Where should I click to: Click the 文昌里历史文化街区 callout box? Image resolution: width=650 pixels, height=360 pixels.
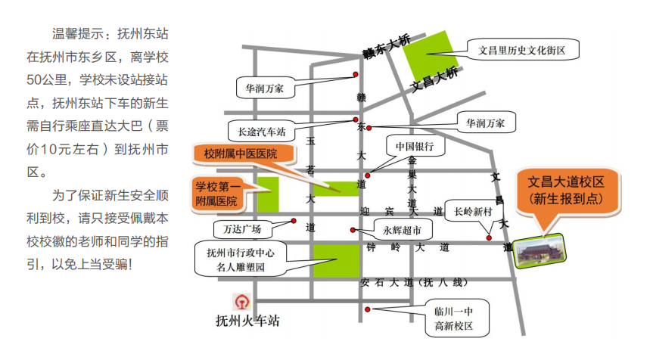click(523, 50)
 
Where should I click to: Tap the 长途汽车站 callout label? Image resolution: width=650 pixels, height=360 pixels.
click(262, 132)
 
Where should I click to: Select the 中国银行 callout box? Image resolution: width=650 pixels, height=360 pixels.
click(415, 146)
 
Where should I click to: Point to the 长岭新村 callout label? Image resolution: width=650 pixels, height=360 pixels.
click(474, 211)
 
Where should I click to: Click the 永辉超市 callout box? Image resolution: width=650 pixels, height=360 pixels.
click(403, 231)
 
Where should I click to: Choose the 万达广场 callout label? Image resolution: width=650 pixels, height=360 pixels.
click(242, 229)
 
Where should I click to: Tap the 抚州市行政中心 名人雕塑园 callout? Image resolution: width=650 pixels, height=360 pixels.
click(241, 259)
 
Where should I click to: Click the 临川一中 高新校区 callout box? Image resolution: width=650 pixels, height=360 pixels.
click(457, 318)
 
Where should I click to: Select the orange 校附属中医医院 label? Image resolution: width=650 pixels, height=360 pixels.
click(244, 154)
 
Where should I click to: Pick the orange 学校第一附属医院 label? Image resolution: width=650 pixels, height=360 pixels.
click(218, 194)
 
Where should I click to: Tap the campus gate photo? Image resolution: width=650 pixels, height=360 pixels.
click(540, 250)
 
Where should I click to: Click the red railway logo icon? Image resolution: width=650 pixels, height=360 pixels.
click(242, 302)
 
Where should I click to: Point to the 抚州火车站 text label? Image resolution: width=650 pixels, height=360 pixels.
click(247, 321)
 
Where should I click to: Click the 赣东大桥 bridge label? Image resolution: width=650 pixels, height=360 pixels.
click(387, 46)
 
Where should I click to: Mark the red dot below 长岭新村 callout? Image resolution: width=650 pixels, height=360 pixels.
click(489, 237)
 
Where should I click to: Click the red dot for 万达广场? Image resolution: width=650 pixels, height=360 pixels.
click(294, 221)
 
